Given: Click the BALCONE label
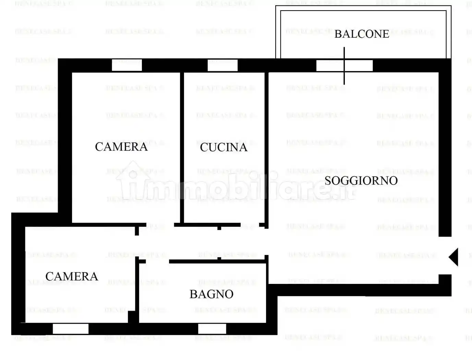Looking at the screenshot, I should pos(362,34).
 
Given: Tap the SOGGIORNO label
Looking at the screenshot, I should pos(361,181).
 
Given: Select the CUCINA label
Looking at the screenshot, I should pos(223,147).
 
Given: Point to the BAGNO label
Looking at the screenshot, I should pos(211,294).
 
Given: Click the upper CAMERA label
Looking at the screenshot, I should pos(121,147).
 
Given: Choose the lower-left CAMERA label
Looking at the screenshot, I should pos(72,276).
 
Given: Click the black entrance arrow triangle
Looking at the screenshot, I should pos(453,256).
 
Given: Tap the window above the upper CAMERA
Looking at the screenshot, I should pos(127,65).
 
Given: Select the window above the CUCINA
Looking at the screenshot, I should pos(222,65).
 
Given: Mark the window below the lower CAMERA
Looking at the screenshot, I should pos(71,329).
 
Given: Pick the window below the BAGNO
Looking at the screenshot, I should pos(212,329).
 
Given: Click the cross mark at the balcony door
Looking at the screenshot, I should pos(344,65).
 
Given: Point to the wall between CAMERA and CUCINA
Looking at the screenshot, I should pos(182,147).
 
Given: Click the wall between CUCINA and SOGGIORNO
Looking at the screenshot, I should pos(266,147).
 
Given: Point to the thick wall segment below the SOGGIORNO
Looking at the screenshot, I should pos(360,290).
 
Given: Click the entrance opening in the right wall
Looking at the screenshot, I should pos(445,255).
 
